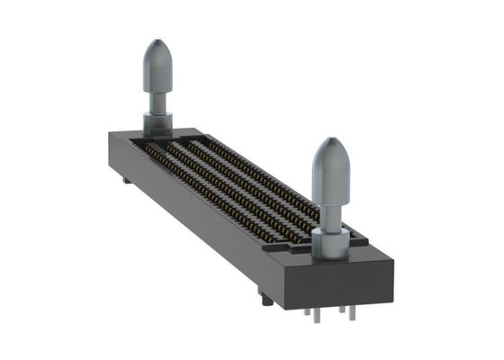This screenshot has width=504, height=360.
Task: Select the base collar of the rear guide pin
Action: pos(157,121)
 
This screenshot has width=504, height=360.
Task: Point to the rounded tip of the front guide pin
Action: pos(330,162)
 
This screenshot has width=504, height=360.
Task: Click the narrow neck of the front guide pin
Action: pos(330,216)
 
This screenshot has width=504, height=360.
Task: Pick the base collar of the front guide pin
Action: pos(330,241)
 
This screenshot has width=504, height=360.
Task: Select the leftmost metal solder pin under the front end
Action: pos(308,316)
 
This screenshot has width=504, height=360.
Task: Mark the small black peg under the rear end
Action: pos(127,180)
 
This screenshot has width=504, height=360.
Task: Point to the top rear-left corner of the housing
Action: pos(111,134)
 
